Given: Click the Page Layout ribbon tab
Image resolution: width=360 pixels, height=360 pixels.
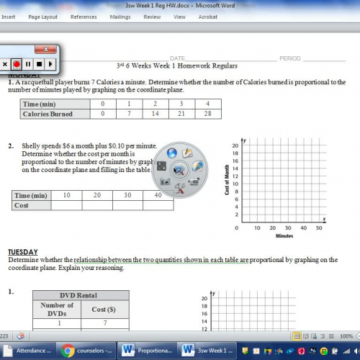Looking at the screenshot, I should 42,16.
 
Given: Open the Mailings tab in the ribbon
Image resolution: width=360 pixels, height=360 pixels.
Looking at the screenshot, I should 120,16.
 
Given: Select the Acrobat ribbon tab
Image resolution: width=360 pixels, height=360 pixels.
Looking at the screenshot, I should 207,16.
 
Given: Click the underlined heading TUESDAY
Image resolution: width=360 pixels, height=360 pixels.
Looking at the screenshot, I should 23,252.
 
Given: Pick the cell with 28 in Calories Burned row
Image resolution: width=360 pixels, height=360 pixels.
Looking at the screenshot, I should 207,114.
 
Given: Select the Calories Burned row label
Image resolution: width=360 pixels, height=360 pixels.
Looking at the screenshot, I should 48,114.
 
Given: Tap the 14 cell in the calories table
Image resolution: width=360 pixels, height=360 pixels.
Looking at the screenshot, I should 155,114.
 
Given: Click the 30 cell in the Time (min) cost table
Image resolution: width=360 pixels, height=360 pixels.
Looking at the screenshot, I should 127,195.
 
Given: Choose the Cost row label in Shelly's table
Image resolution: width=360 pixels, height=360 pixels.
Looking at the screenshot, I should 22,205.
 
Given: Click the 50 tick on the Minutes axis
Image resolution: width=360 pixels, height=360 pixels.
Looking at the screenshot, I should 319,228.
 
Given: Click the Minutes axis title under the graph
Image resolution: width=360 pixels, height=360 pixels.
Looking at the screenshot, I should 284,235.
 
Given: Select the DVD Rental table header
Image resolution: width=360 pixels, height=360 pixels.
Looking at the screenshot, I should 81,295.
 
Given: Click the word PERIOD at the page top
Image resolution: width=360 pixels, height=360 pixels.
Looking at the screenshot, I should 290,58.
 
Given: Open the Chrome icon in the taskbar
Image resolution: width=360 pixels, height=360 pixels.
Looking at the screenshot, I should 68,351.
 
